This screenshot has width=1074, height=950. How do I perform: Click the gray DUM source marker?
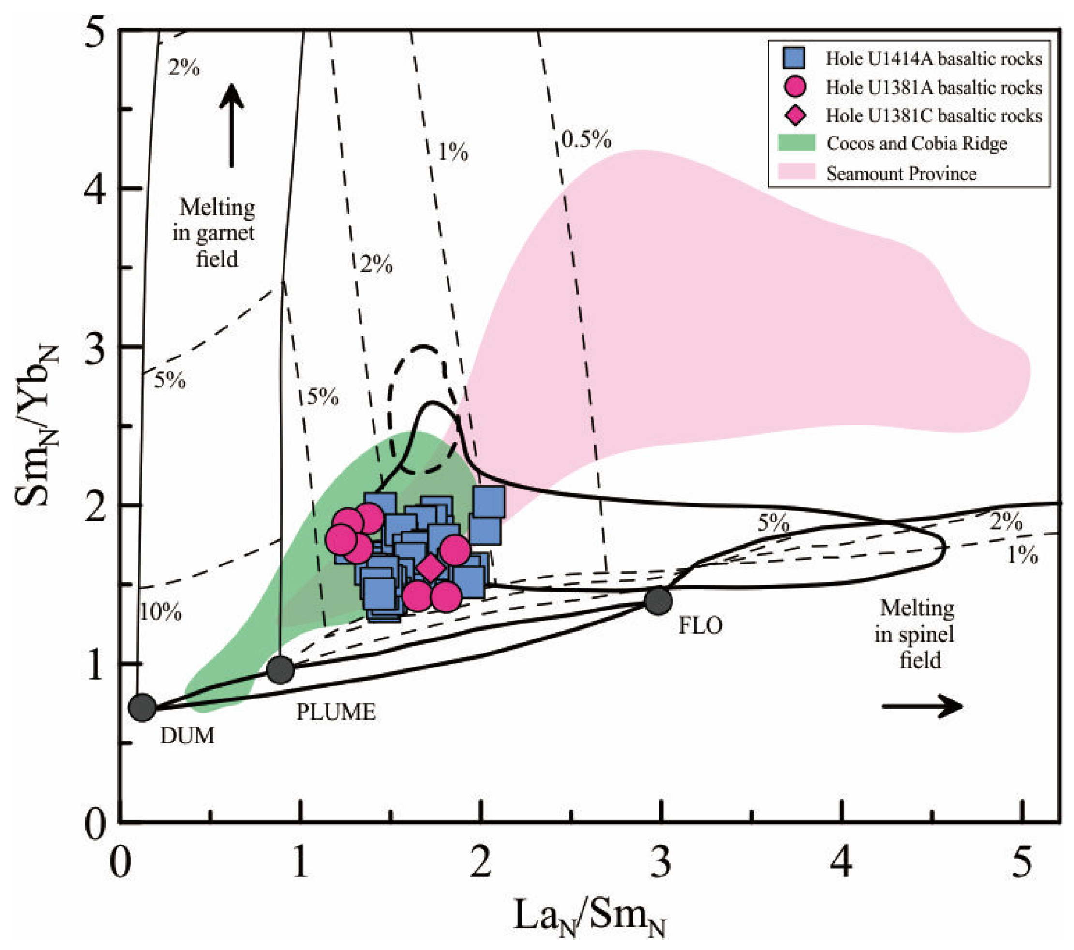142,707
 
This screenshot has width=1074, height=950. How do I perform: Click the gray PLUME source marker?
281,669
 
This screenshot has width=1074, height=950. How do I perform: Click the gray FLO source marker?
658,601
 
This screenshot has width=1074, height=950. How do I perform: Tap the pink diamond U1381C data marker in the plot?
431,568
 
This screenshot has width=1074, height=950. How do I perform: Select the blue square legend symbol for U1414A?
794,59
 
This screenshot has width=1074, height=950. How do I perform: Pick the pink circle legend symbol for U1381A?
795,87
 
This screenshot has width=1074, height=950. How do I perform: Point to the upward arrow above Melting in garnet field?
232,126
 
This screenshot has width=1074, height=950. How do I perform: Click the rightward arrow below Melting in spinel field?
922,706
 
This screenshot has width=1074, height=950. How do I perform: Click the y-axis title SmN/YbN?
37,426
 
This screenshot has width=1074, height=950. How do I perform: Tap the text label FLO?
700,626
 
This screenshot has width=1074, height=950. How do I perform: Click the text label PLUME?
336,712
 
